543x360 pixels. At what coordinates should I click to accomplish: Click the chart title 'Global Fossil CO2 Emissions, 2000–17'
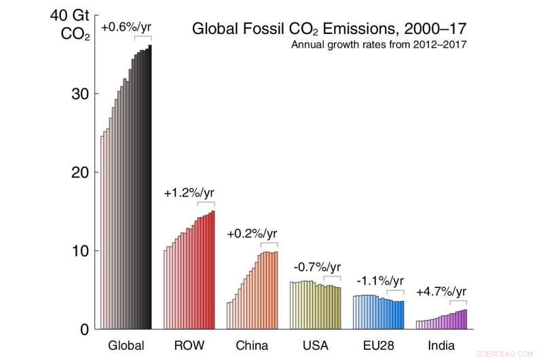tap(329, 29)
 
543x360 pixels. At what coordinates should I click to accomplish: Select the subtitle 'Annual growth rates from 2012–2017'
tap(378, 46)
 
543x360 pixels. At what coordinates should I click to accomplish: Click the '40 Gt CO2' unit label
tap(77, 24)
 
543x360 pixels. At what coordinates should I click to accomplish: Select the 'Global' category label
tap(126, 346)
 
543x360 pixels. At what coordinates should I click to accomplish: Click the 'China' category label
tap(252, 346)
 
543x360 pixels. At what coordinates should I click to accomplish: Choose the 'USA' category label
tap(315, 346)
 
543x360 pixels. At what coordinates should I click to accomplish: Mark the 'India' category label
tap(441, 346)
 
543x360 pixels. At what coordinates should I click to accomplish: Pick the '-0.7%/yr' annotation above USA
tap(316, 267)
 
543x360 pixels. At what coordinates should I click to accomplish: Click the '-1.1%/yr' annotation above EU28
tap(379, 281)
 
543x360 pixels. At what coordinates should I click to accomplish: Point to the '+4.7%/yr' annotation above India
tap(441, 292)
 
